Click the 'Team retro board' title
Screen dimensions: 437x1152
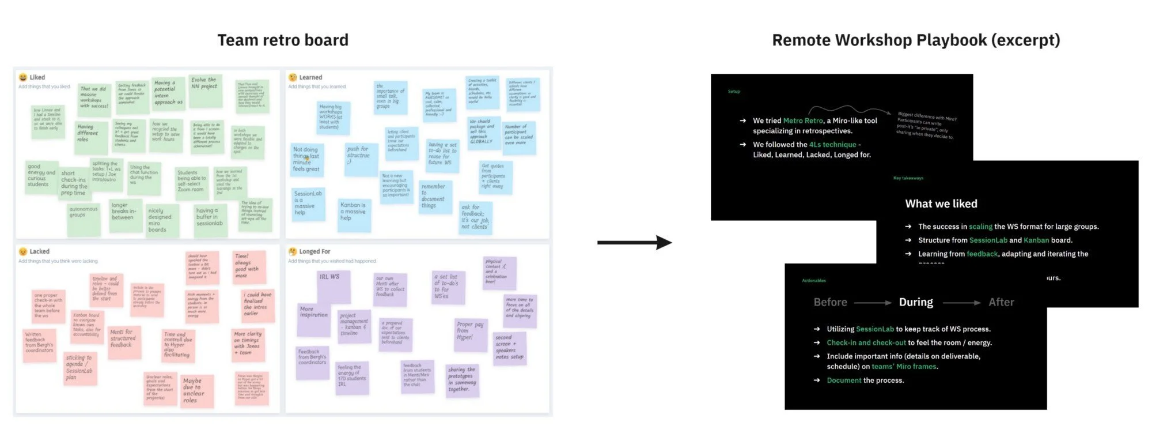pyautogui.click(x=283, y=40)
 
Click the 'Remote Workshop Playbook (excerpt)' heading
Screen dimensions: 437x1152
pyautogui.click(x=916, y=40)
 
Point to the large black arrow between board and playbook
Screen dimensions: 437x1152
pyautogui.click(x=634, y=243)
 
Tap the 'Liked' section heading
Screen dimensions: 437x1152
pyautogui.click(x=37, y=77)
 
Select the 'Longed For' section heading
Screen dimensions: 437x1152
pyautogui.click(x=314, y=251)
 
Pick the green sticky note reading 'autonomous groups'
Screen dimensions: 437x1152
pyautogui.click(x=84, y=218)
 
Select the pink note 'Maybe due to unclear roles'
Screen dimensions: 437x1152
pyautogui.click(x=196, y=391)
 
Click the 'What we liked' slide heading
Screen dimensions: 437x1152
pyautogui.click(x=941, y=204)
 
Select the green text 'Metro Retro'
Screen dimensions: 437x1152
pyautogui.click(x=803, y=120)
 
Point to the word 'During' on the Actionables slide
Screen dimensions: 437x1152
pyautogui.click(x=916, y=302)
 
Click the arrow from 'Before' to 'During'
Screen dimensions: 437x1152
pyautogui.click(x=873, y=303)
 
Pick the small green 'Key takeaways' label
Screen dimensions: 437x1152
pyautogui.click(x=908, y=178)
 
